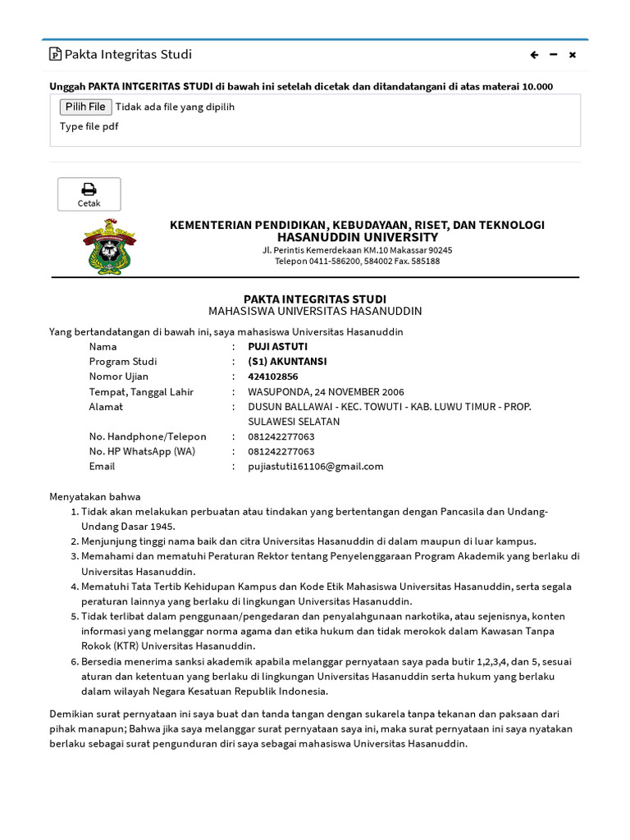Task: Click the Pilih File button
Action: [85, 107]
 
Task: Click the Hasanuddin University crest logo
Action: [110, 245]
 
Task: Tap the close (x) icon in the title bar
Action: [573, 55]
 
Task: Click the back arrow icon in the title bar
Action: [534, 55]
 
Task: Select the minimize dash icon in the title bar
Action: [554, 55]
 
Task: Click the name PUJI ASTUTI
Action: [277, 346]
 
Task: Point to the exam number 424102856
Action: [272, 377]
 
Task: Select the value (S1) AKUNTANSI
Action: [287, 362]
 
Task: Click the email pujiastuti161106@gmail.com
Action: [316, 466]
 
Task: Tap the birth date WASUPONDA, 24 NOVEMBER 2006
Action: [326, 391]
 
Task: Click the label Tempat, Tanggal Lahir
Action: [141, 391]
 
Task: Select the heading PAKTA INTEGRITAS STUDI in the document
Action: [315, 299]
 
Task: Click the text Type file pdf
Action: [89, 126]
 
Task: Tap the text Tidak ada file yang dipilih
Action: [175, 107]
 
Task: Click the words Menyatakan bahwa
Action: [95, 496]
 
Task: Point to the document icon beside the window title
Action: [55, 55]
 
